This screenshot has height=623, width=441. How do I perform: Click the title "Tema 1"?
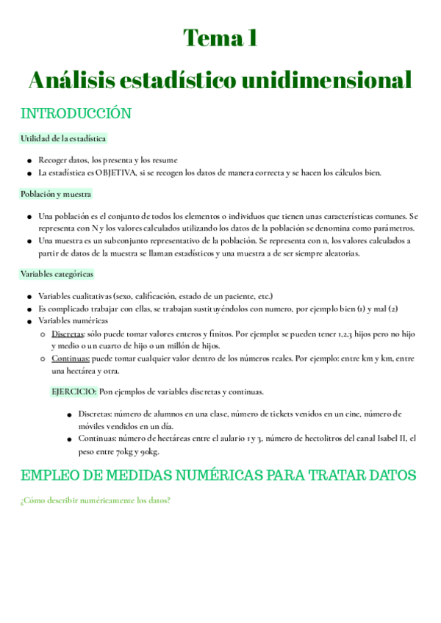coord(220,37)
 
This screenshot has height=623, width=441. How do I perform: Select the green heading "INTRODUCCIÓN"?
coord(76,114)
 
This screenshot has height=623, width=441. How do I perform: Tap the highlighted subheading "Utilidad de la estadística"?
coord(63,138)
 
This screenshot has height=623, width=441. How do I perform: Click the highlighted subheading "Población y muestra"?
coord(56,195)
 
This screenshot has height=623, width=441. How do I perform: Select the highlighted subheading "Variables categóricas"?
coord(57,274)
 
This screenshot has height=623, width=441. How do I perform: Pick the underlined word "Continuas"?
coord(71,359)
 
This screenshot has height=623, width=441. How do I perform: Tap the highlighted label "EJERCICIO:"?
coord(74,392)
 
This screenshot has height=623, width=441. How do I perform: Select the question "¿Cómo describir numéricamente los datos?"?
coord(96,501)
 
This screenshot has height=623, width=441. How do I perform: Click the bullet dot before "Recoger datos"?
coord(29,160)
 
